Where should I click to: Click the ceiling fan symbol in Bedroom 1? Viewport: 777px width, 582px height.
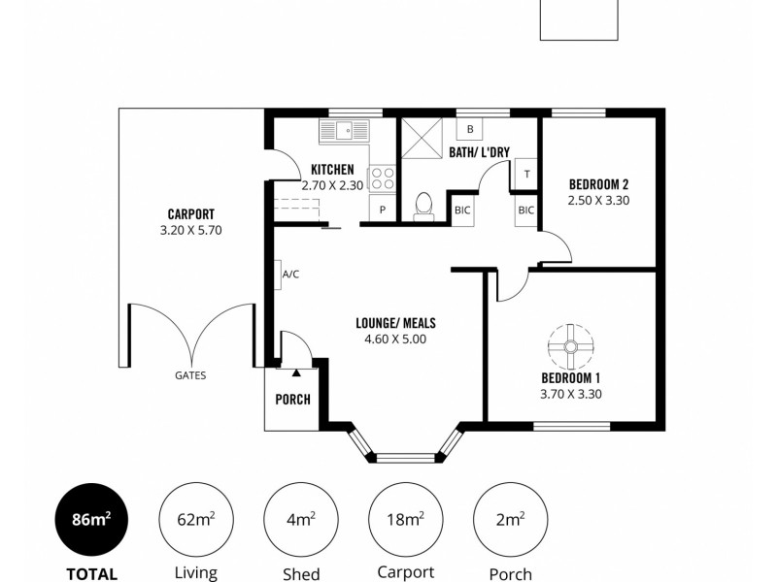point(570,345)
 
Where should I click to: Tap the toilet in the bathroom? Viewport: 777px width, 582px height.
point(423,205)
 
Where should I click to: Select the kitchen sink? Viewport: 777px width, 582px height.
point(344,130)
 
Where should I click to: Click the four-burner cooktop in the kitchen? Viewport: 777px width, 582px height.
point(382,178)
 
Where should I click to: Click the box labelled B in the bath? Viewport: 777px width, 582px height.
point(470,129)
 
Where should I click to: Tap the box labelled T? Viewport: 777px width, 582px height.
point(526,174)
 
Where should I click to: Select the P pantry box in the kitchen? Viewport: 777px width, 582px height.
point(383,210)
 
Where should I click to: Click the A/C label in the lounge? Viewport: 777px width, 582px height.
point(290,275)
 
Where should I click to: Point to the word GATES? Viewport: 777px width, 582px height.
point(190,375)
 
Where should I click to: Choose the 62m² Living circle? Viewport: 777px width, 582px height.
point(195,519)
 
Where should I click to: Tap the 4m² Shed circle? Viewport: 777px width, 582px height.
point(301,519)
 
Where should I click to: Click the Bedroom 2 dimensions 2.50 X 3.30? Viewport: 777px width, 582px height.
point(598,201)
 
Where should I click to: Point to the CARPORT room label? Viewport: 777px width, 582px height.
point(190,214)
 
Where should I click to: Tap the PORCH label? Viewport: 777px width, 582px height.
point(292,399)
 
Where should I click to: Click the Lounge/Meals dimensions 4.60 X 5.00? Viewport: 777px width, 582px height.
point(395,339)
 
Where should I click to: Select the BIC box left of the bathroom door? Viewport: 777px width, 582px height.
point(461,210)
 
